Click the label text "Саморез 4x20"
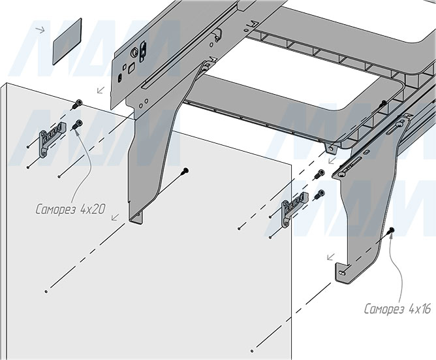point(69,210)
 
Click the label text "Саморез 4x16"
point(397,308)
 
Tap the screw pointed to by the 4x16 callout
point(391,231)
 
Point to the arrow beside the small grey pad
point(41,29)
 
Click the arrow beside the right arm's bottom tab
point(332,256)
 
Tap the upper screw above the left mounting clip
point(78,103)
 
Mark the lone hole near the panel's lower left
point(45,289)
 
